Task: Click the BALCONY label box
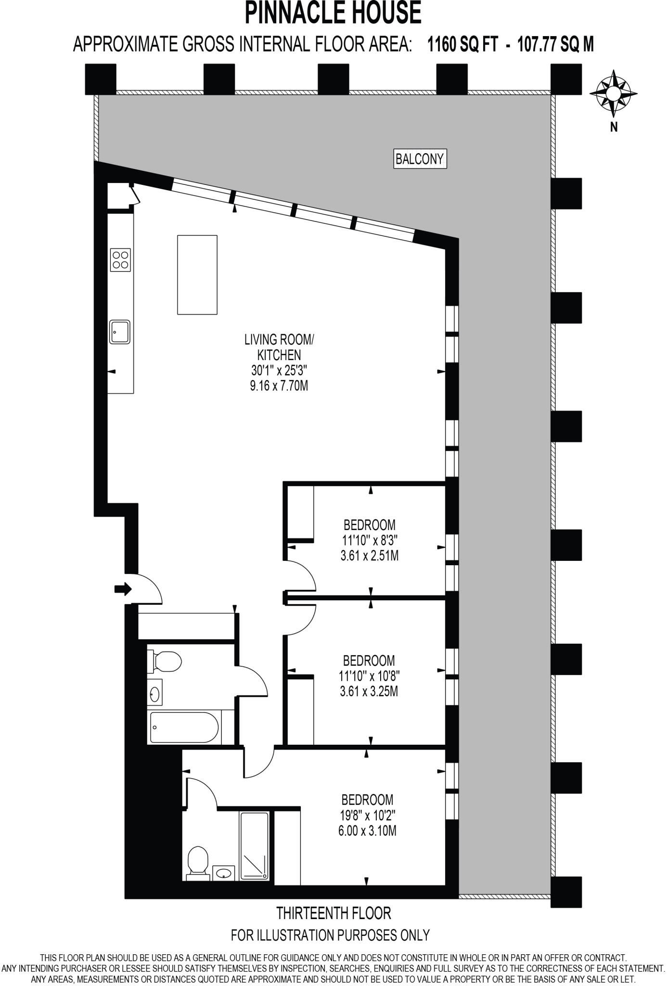[x=420, y=158]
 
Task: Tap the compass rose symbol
[x=614, y=93]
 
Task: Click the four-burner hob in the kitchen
[x=120, y=259]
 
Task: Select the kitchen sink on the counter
[x=119, y=331]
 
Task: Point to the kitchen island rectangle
[x=197, y=274]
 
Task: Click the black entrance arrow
[x=123, y=588]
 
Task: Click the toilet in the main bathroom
[x=165, y=661]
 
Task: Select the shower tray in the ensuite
[x=254, y=846]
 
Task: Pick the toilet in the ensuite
[x=197, y=861]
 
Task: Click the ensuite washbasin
[x=223, y=872]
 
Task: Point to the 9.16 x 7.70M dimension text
[x=279, y=386]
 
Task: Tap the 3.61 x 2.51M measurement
[x=369, y=556]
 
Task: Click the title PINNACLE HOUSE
[x=333, y=13]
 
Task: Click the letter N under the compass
[x=614, y=127]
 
